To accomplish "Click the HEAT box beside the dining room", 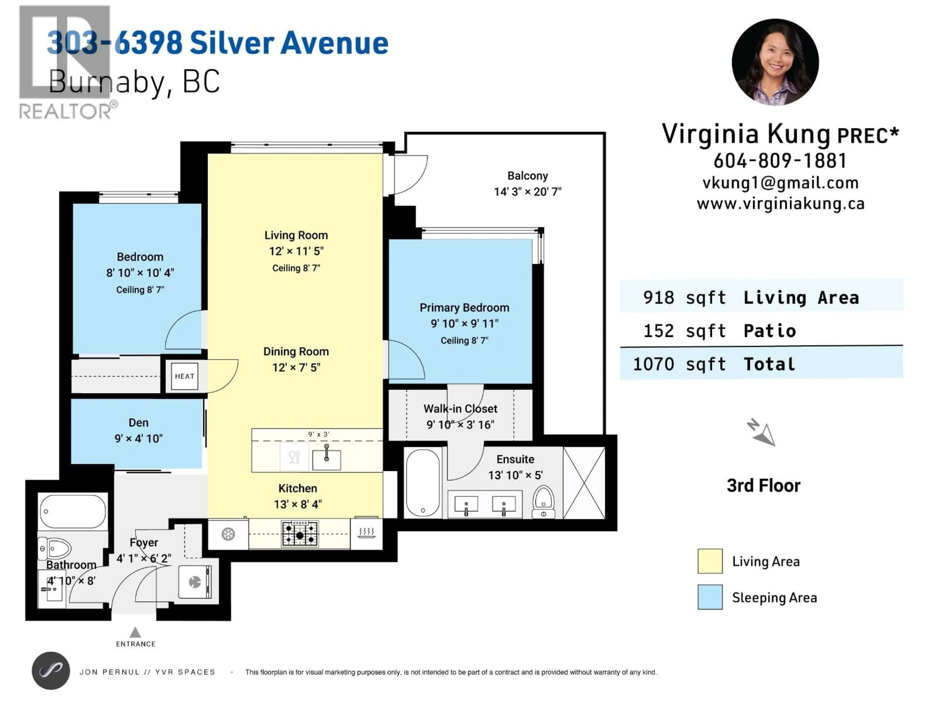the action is tap(185, 376).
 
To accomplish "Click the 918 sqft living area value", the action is tap(684, 297).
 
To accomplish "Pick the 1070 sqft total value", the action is tap(679, 364).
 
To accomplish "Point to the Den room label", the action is tap(138, 423).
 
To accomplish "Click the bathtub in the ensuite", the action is tap(423, 483).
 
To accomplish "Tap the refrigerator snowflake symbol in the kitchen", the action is tap(228, 534).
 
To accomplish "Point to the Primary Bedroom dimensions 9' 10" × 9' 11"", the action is tap(465, 324).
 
